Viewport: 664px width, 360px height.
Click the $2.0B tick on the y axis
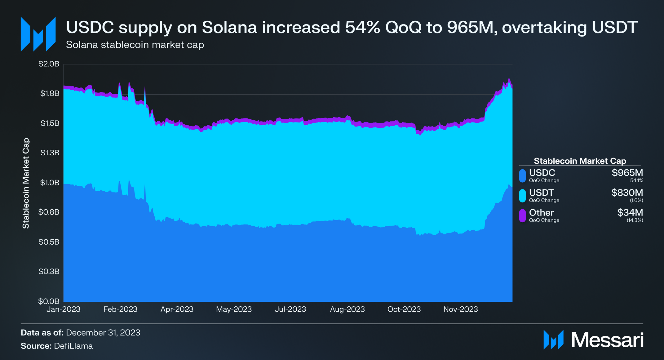pyautogui.click(x=49, y=64)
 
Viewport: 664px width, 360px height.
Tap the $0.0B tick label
pyautogui.click(x=49, y=301)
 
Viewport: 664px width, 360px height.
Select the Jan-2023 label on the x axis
pyautogui.click(x=64, y=309)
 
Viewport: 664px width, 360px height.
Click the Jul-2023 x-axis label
pyautogui.click(x=290, y=309)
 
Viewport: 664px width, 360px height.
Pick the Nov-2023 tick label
pyautogui.click(x=461, y=309)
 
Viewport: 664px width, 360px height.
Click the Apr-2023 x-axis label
pyautogui.click(x=177, y=309)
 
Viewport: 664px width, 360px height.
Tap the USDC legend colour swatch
pyautogui.click(x=523, y=176)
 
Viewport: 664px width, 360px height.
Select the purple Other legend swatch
pyautogui.click(x=523, y=216)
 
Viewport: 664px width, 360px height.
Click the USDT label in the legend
pyautogui.click(x=541, y=193)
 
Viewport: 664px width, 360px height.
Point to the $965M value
pyautogui.click(x=627, y=173)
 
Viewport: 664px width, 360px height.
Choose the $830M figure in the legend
pyautogui.click(x=627, y=193)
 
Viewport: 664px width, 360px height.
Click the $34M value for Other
pyautogui.click(x=630, y=213)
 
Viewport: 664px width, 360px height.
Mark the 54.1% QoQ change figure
pyautogui.click(x=636, y=180)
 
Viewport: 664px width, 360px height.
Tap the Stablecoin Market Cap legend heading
pyautogui.click(x=580, y=161)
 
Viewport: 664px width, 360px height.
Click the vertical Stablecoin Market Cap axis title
pyautogui.click(x=26, y=183)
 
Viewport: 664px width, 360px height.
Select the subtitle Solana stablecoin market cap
pyautogui.click(x=135, y=45)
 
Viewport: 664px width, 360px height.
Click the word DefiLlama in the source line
pyautogui.click(x=73, y=346)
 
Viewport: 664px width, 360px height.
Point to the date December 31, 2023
pyautogui.click(x=103, y=333)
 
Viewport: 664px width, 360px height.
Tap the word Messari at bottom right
pyautogui.click(x=607, y=340)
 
